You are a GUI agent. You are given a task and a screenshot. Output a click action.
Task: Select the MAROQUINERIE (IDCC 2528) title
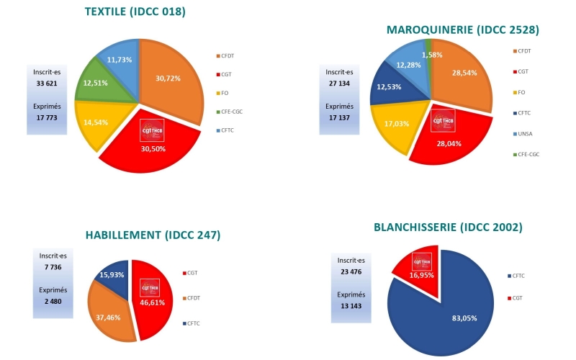pos(463,30)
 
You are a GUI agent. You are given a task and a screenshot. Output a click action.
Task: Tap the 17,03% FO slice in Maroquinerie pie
pos(395,123)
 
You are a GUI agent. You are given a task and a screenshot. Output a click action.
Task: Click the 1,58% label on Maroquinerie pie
pos(432,55)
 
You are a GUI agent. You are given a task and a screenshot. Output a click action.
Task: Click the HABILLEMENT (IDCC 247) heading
pos(153,235)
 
